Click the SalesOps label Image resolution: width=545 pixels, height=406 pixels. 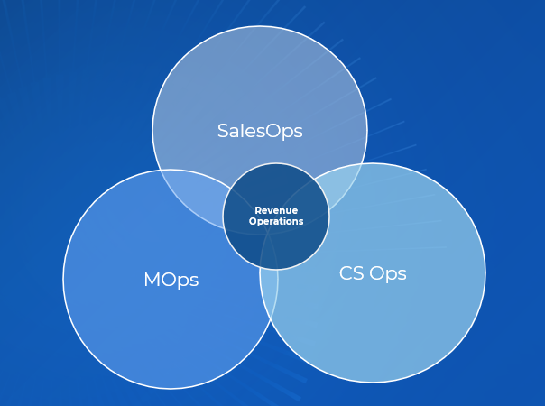click(x=260, y=131)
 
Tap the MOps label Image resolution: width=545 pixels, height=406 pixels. click(x=171, y=280)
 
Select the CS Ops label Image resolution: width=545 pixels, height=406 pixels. click(x=373, y=273)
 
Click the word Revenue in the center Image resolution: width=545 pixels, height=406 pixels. click(x=276, y=210)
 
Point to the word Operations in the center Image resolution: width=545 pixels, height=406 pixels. click(x=276, y=221)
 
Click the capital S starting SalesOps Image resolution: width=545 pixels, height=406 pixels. click(x=223, y=131)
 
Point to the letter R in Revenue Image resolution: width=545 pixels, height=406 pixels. click(x=257, y=210)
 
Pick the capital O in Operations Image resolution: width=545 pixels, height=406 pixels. click(x=253, y=221)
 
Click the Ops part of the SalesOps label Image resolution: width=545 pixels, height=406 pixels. click(x=285, y=132)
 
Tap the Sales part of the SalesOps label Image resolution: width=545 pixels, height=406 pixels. click(x=242, y=131)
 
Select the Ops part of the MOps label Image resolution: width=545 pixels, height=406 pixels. click(x=181, y=281)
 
